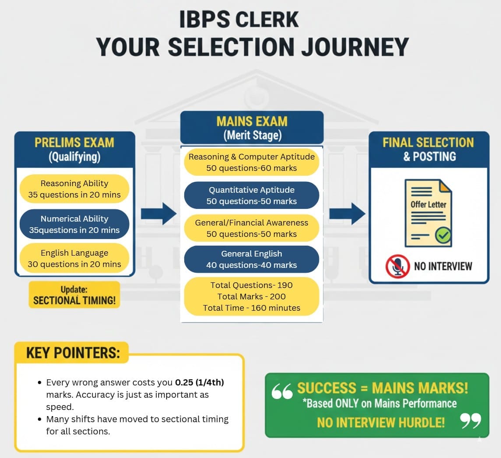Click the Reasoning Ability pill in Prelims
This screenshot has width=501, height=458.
pyautogui.click(x=74, y=189)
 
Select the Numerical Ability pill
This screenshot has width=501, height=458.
pyautogui.click(x=74, y=224)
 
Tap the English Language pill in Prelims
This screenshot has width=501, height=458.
pyautogui.click(x=74, y=258)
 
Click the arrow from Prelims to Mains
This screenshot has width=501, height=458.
pyautogui.click(x=158, y=214)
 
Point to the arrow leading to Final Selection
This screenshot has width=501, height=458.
pyautogui.click(x=347, y=214)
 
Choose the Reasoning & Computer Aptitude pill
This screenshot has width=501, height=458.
pyautogui.click(x=252, y=162)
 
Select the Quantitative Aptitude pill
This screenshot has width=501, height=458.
pyautogui.click(x=252, y=195)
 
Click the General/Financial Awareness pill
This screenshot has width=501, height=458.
pyautogui.click(x=252, y=228)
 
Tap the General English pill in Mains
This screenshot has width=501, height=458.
pyautogui.click(x=252, y=259)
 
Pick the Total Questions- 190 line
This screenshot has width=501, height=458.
pyautogui.click(x=252, y=285)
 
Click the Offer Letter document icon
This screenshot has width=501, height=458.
pyautogui.click(x=427, y=213)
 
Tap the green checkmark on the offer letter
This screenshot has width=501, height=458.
pyautogui.click(x=443, y=236)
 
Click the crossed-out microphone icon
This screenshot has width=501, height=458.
pyautogui.click(x=397, y=266)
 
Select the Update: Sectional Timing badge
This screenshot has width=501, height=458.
pyautogui.click(x=74, y=295)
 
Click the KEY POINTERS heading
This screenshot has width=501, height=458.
pyautogui.click(x=73, y=353)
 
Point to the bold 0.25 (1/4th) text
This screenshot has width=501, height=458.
pyautogui.click(x=200, y=383)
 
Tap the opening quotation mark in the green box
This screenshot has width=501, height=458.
pyautogui.click(x=282, y=392)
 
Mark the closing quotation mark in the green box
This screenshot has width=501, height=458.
pyautogui.click(x=470, y=421)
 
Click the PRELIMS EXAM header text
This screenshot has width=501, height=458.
pyautogui.click(x=74, y=142)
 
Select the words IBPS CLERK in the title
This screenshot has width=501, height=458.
pyautogui.click(x=239, y=21)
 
